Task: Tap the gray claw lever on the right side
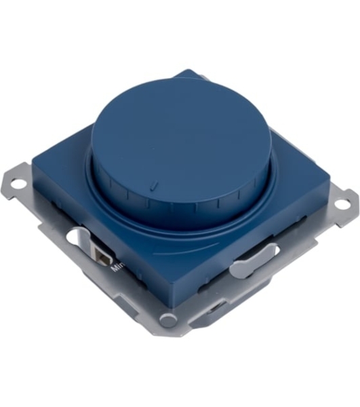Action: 253,260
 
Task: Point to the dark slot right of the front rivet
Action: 215,309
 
